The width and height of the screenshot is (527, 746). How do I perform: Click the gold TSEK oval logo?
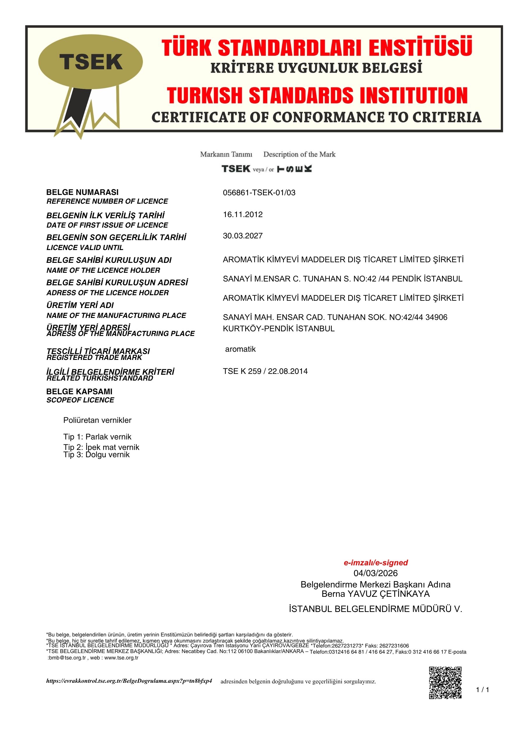[x=90, y=62]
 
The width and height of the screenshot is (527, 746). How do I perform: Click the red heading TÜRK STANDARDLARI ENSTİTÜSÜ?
[x=316, y=47]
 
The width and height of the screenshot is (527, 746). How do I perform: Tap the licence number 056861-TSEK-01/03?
[x=259, y=193]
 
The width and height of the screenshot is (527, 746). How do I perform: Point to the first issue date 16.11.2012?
[x=243, y=214]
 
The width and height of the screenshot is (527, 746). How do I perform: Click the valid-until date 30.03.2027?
[x=243, y=236]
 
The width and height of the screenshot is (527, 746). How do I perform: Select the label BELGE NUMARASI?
[x=82, y=192]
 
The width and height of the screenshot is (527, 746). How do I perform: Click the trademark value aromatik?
[x=240, y=349]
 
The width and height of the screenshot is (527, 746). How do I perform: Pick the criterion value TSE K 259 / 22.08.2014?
[x=265, y=371]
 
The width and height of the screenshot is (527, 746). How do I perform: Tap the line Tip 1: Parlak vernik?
[x=97, y=437]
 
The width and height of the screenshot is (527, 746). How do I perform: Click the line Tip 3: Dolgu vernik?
[x=96, y=455]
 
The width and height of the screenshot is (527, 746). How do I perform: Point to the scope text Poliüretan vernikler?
[x=97, y=420]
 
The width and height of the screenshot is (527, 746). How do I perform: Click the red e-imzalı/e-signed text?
[x=376, y=563]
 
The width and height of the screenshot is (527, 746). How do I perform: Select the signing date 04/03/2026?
[x=375, y=573]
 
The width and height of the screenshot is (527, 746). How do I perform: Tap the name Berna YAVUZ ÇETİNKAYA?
[x=375, y=594]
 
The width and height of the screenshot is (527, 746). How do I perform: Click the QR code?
[x=445, y=683]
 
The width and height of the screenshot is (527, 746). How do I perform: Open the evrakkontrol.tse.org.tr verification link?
[x=129, y=681]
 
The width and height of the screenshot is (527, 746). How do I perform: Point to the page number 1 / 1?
[x=482, y=690]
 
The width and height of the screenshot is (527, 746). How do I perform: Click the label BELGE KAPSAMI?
[x=79, y=392]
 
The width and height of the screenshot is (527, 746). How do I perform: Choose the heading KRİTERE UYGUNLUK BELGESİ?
[x=316, y=68]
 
